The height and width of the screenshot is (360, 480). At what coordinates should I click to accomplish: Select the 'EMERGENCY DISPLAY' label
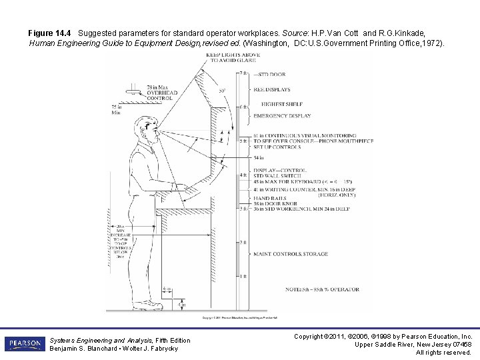point(282,115)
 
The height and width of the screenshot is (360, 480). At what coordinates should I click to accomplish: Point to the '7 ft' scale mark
point(243,73)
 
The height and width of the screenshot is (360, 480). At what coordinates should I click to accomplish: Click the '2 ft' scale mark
point(243,242)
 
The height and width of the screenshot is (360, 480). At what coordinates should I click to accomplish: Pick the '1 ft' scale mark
point(243,276)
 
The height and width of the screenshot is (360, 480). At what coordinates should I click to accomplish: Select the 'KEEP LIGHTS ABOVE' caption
point(233,55)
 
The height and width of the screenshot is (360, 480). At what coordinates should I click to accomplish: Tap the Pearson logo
point(24,344)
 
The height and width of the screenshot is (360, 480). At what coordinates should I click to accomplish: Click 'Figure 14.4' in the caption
point(49,33)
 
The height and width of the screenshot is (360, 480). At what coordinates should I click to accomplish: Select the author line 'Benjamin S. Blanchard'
point(79,349)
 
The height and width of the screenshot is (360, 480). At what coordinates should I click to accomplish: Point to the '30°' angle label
point(221,91)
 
